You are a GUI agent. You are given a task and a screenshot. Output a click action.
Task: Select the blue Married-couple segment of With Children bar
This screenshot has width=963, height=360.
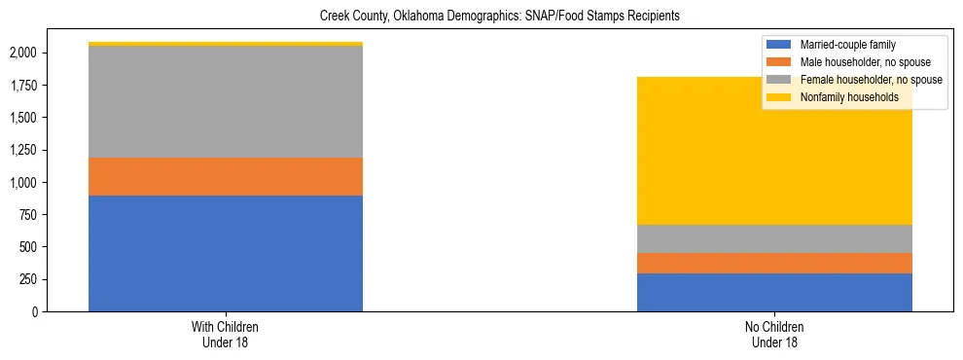click(x=226, y=253)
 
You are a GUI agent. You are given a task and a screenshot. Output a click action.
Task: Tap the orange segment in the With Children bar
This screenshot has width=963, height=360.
click(x=226, y=176)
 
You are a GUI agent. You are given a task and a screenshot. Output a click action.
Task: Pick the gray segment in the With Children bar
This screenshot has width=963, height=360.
click(x=226, y=102)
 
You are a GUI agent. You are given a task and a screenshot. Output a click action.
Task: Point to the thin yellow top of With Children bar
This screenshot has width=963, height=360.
click(x=226, y=44)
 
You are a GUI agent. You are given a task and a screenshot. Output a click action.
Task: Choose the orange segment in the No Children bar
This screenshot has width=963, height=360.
click(x=774, y=263)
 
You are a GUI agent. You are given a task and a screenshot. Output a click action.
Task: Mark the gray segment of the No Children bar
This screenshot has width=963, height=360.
click(x=774, y=238)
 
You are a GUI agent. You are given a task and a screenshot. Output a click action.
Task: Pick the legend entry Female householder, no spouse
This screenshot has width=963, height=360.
click(x=870, y=80)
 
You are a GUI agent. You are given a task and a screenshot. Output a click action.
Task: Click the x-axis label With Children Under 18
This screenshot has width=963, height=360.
click(x=226, y=335)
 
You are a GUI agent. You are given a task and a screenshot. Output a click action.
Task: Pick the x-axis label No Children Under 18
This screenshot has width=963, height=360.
click(x=774, y=335)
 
